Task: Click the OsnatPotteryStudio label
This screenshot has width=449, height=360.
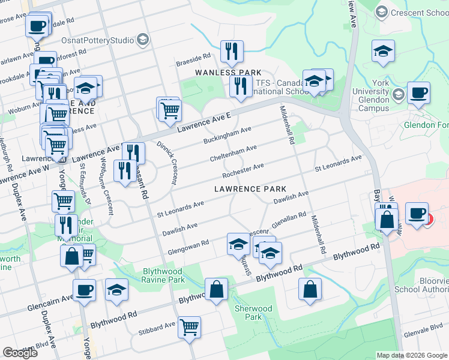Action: (x=97, y=40)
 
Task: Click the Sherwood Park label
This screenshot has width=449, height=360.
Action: (x=253, y=313)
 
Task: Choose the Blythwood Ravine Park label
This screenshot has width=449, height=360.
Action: (x=163, y=275)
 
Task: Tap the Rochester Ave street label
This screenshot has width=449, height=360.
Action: (x=243, y=170)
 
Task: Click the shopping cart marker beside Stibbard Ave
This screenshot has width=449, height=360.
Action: (x=190, y=327)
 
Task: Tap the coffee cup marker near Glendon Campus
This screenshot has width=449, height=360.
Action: (x=418, y=93)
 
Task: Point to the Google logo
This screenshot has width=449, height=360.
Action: (x=20, y=353)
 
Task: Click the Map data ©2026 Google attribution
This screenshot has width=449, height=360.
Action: (x=411, y=355)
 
